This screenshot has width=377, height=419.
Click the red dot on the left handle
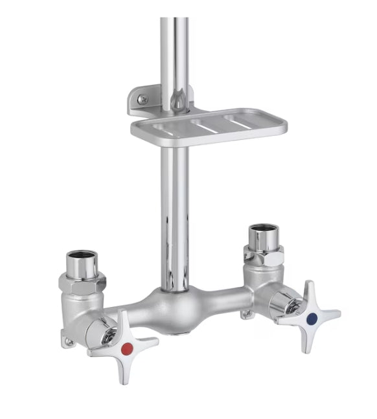coord(127,349)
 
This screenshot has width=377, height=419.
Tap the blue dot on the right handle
coord(313,318)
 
